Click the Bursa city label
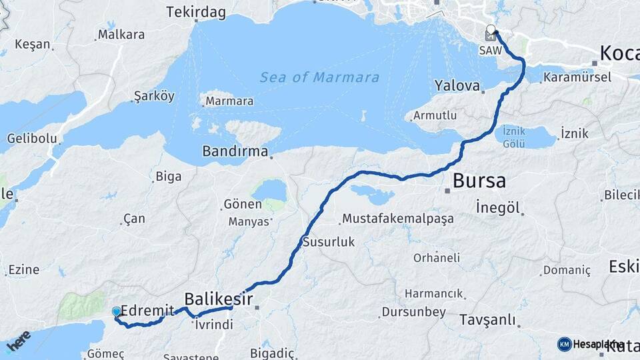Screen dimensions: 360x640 (479, 181)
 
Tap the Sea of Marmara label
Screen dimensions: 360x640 (319, 77)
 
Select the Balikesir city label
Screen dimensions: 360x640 (218, 299)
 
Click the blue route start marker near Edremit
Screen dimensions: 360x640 (117, 311)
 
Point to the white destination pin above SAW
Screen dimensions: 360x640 (491, 30)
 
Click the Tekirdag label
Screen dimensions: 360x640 (196, 13)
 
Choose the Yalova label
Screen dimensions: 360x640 (457, 85)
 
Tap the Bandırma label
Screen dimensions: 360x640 (235, 151)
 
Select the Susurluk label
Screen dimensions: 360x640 (329, 242)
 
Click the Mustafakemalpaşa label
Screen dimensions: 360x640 (397, 219)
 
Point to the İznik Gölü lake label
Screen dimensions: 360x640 (514, 136)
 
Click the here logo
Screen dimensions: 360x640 (18, 341)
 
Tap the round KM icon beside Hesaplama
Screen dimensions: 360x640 (564, 344)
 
